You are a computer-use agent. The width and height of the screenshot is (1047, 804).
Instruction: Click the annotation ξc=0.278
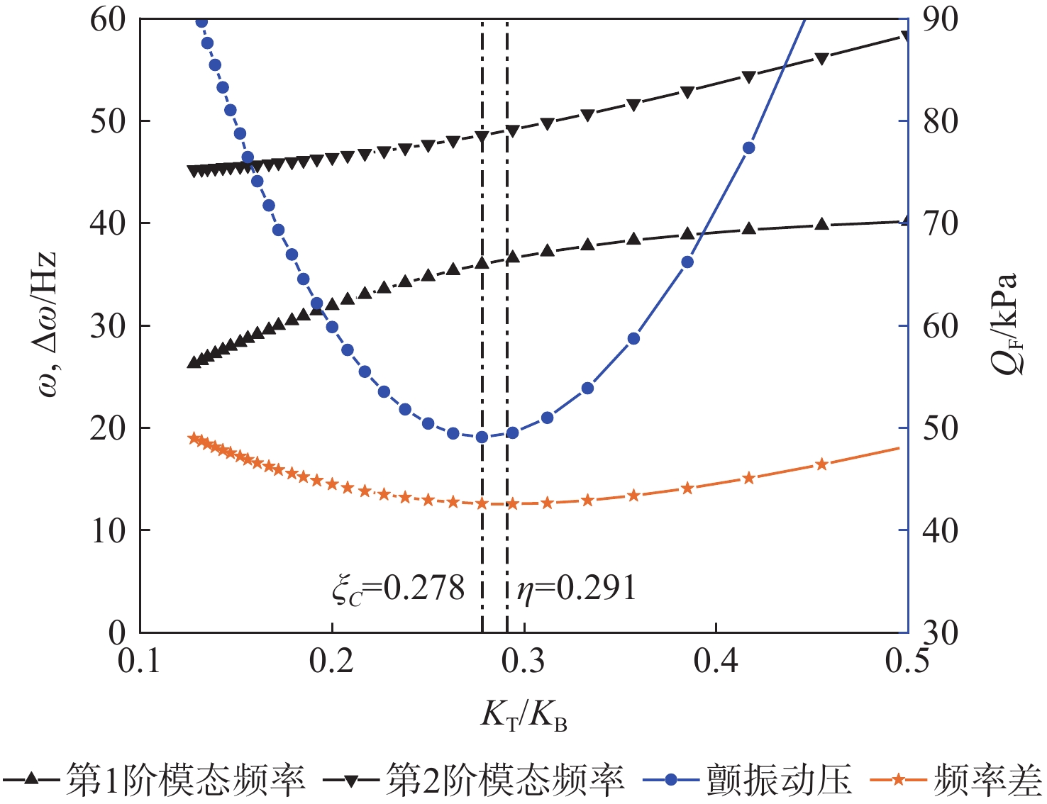(398, 589)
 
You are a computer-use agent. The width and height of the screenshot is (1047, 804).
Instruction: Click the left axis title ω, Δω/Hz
(44, 326)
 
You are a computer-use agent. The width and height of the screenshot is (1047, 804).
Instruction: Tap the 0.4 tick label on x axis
(716, 661)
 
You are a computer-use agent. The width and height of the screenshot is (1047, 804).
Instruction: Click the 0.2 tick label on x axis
(332, 661)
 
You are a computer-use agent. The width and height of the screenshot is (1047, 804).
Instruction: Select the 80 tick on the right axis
(941, 121)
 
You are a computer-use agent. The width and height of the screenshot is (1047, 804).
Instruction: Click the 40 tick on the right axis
(941, 530)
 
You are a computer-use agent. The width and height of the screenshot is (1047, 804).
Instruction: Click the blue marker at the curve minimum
(482, 437)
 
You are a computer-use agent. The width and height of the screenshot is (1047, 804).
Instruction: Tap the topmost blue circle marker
(201, 21)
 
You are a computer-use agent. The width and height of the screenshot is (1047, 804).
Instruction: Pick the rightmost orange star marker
(821, 464)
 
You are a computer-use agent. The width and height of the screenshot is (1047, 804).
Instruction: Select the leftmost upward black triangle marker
(192, 362)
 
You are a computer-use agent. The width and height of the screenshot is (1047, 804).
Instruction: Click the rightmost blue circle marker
(748, 148)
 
